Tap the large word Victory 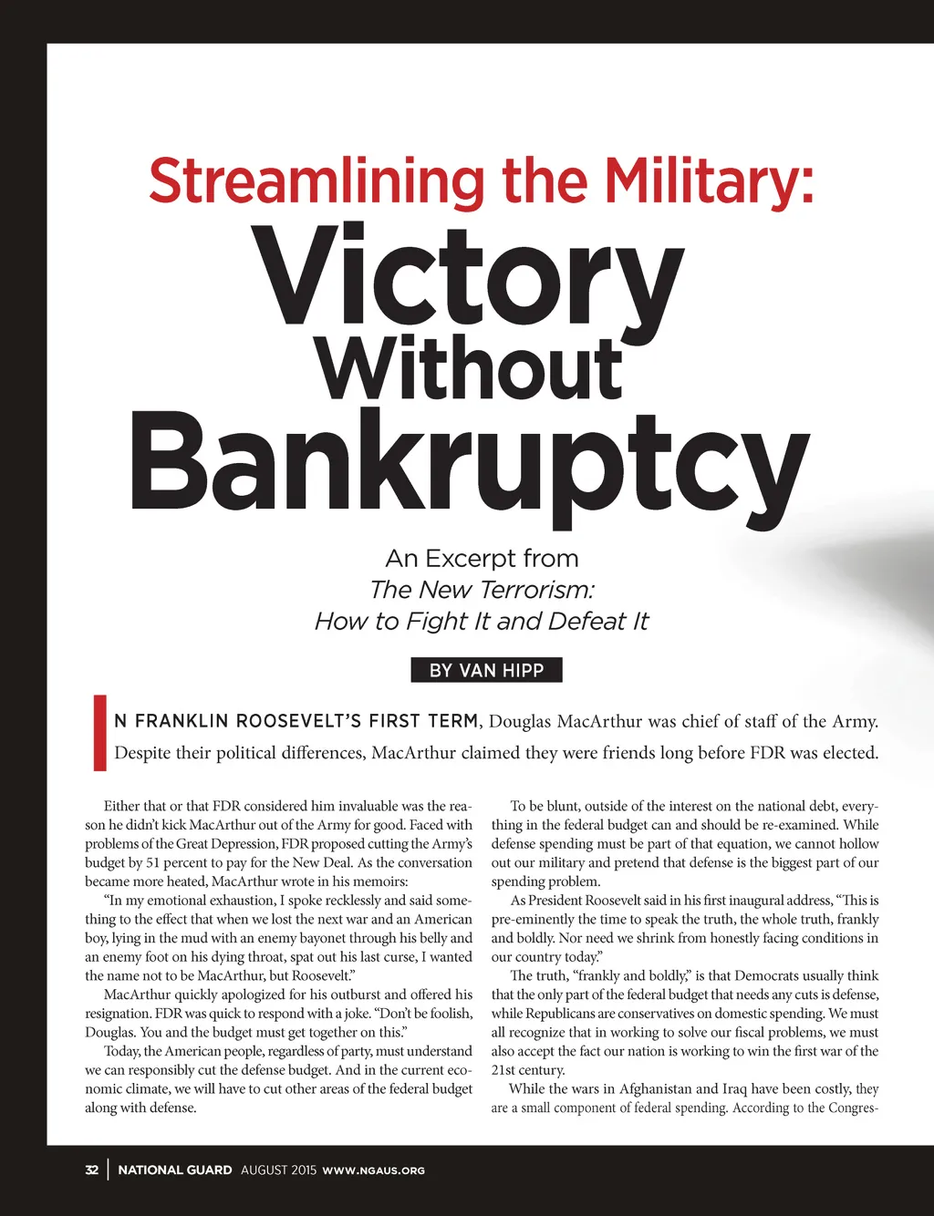point(468,276)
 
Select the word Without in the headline point(469,368)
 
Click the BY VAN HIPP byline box point(486,670)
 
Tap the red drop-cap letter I point(99,733)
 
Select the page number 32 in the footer point(91,1170)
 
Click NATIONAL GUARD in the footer point(175,1170)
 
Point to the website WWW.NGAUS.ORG point(374,1170)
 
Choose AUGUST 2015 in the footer point(278,1170)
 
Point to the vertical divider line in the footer point(108,1170)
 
